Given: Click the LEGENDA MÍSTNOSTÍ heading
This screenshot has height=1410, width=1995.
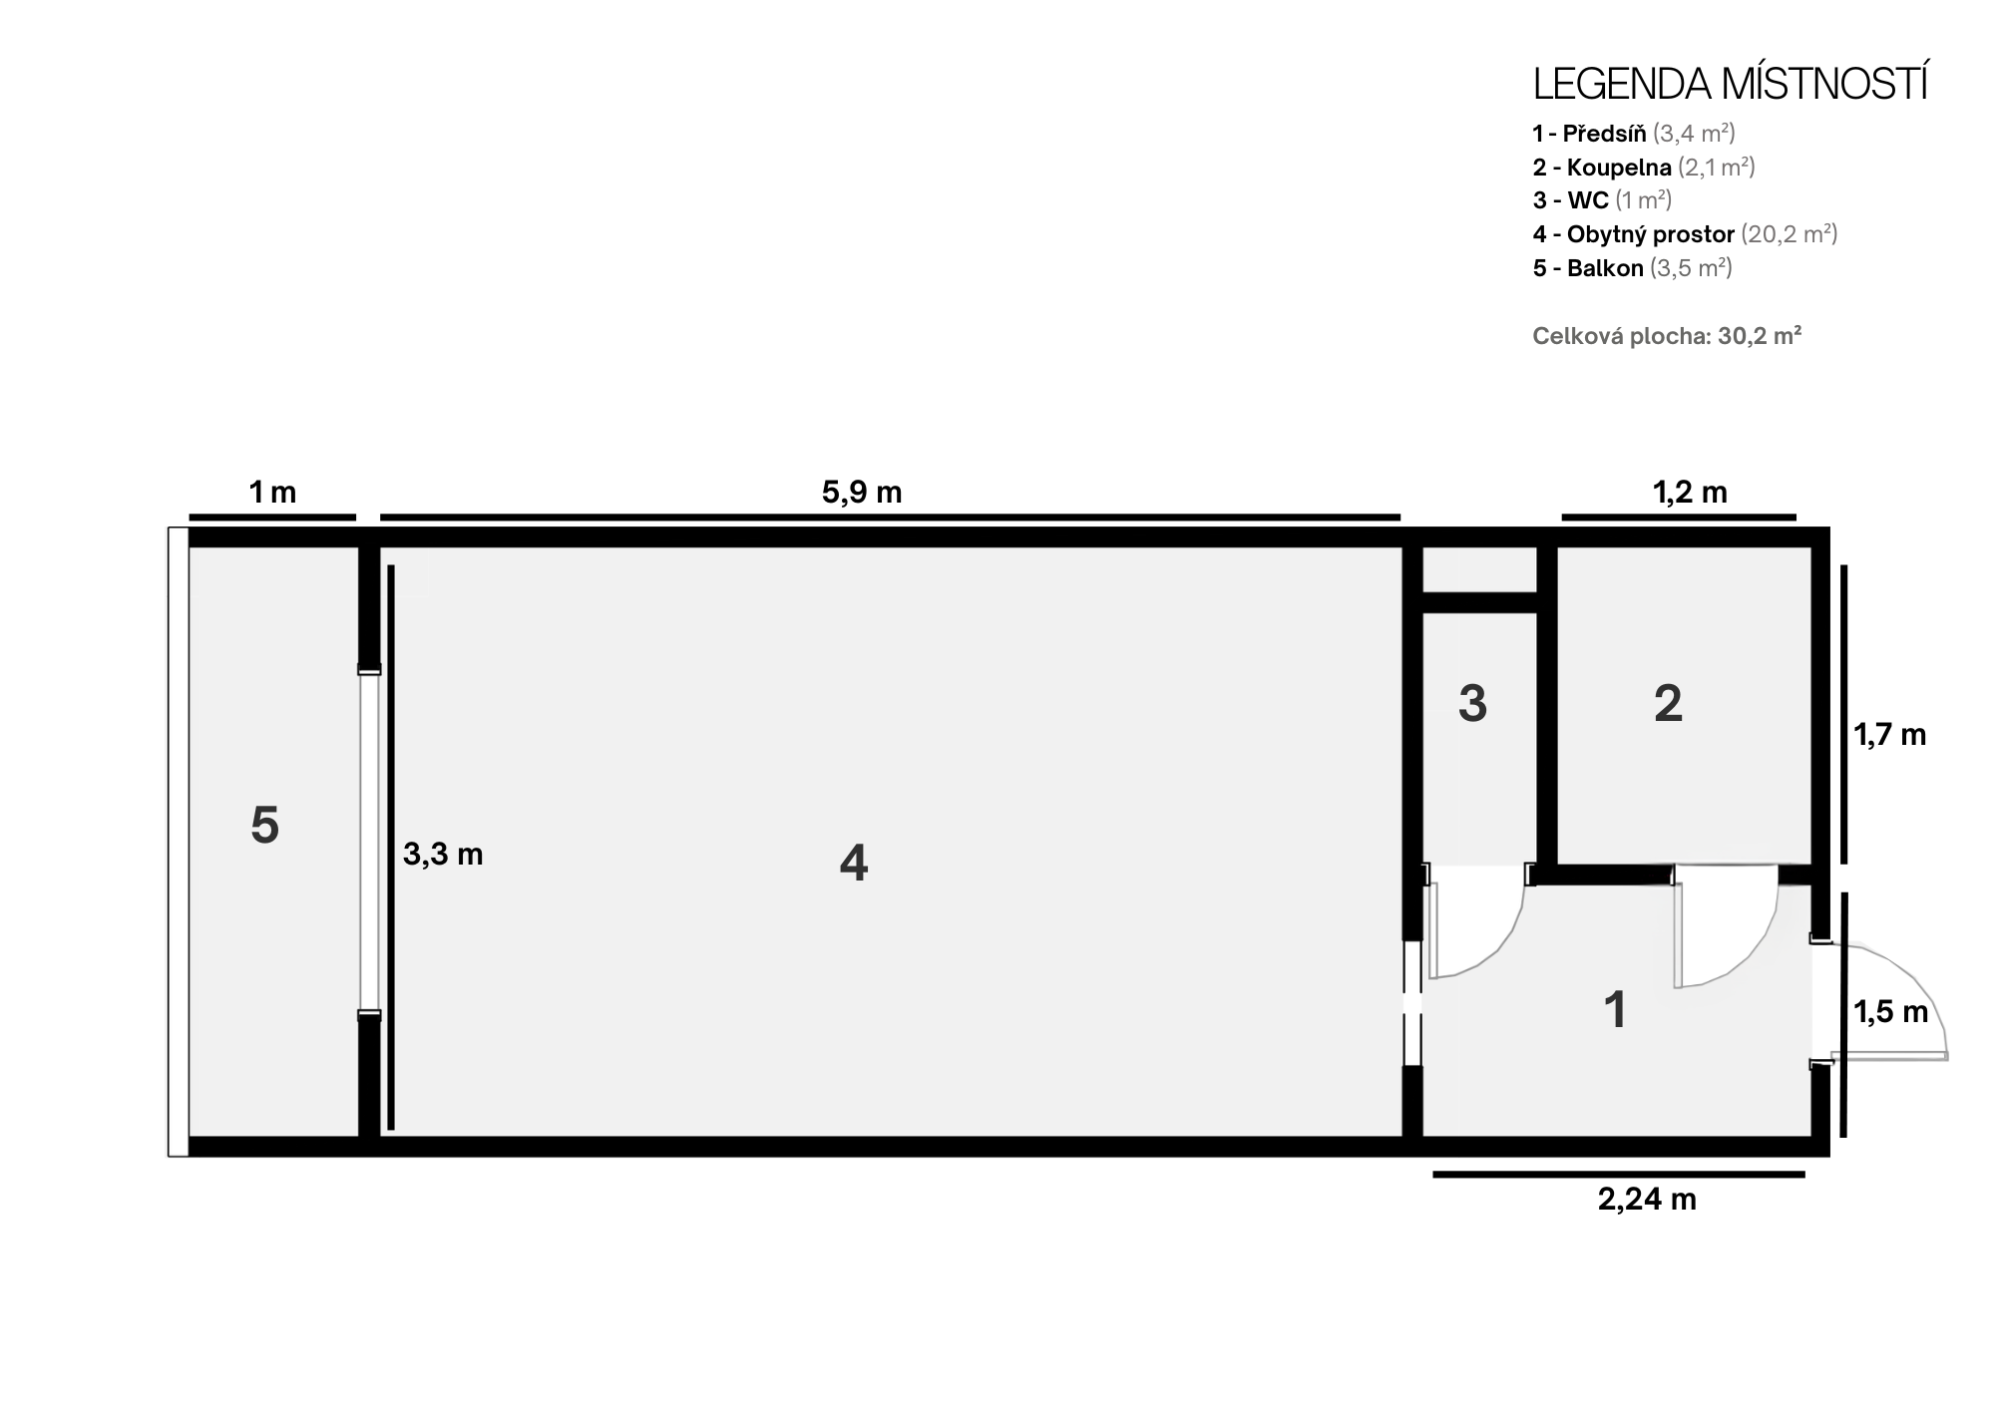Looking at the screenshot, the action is tap(1730, 85).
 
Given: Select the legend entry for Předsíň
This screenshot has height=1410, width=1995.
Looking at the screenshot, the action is tap(1634, 133).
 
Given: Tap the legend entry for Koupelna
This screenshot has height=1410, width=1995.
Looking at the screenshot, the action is tap(1644, 167).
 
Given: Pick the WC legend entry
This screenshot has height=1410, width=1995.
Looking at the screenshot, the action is tap(1602, 200).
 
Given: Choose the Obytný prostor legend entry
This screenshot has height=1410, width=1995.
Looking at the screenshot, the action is tap(1685, 234).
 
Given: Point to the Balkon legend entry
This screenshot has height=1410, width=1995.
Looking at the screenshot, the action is tap(1633, 268).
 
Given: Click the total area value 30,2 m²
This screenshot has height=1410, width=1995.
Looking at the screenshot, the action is tap(1760, 336).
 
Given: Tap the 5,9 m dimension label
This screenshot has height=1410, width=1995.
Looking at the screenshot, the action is tap(862, 492).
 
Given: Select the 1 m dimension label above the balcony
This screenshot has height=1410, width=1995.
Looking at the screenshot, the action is tap(272, 492).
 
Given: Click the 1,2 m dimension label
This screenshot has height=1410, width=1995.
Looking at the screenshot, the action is tap(1690, 492).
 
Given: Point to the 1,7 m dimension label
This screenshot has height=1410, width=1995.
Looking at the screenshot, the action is tap(1889, 735).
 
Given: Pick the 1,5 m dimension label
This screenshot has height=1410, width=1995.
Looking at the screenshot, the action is tap(1890, 1012).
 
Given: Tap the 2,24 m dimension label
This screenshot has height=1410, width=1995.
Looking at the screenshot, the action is tap(1647, 1199).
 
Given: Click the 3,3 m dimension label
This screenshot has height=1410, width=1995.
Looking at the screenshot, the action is tap(443, 854).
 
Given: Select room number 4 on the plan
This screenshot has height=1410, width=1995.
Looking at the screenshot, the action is tap(854, 863).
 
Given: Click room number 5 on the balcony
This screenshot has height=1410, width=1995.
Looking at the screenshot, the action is tap(264, 826).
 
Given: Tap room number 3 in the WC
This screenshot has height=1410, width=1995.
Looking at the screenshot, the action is tap(1472, 704).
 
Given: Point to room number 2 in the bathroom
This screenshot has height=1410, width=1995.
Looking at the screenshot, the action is tap(1668, 704).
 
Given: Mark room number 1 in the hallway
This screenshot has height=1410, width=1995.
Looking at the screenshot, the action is tap(1615, 1010).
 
